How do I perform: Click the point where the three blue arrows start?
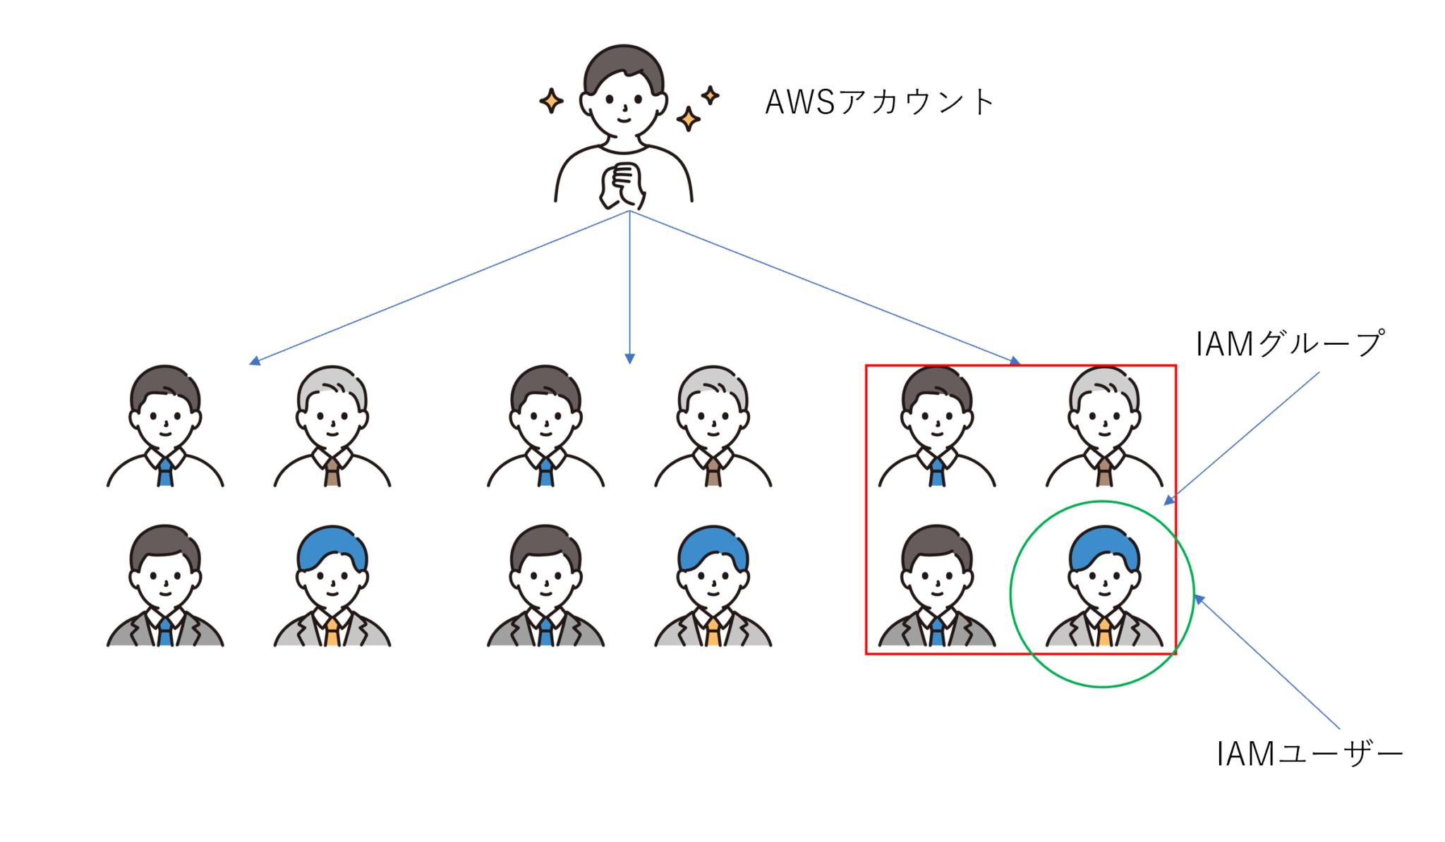coord(629,211)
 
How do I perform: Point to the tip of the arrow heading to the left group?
coord(250,364)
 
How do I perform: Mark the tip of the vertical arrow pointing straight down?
coord(630,364)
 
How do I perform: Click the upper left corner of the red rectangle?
coord(866,366)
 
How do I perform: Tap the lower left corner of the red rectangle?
coord(866,654)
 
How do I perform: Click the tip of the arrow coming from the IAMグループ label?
coord(1164,504)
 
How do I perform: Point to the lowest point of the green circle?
coord(1102,687)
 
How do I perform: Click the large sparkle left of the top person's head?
coord(551,100)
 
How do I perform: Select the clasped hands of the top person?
coord(622,185)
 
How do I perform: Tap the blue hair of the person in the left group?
coord(332,548)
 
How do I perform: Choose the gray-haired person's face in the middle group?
coord(713,420)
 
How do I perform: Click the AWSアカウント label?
coord(880,102)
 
